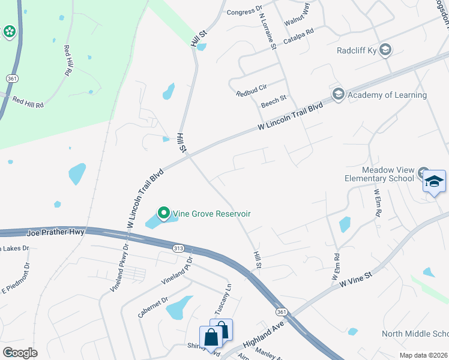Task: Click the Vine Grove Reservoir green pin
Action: pos(163,213)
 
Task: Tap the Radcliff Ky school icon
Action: pos(385,50)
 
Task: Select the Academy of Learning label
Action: pos(387,95)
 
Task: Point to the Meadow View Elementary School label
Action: pos(379,174)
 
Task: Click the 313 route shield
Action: pos(178,248)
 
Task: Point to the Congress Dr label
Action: pos(245,10)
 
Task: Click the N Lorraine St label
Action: pos(267,31)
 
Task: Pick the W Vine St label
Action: pos(356,280)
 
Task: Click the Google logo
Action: pos(20,353)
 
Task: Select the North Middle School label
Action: pos(416,334)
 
